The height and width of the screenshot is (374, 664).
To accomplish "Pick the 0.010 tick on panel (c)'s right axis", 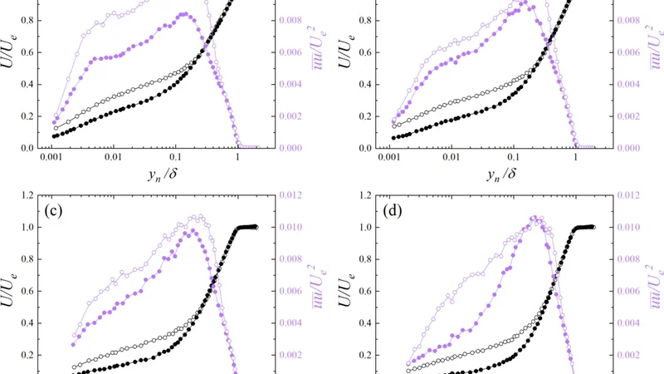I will click(x=292, y=227).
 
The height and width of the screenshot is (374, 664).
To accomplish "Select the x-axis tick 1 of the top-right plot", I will click(x=575, y=156).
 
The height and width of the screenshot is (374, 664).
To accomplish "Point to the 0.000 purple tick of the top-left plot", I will click(x=292, y=148).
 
